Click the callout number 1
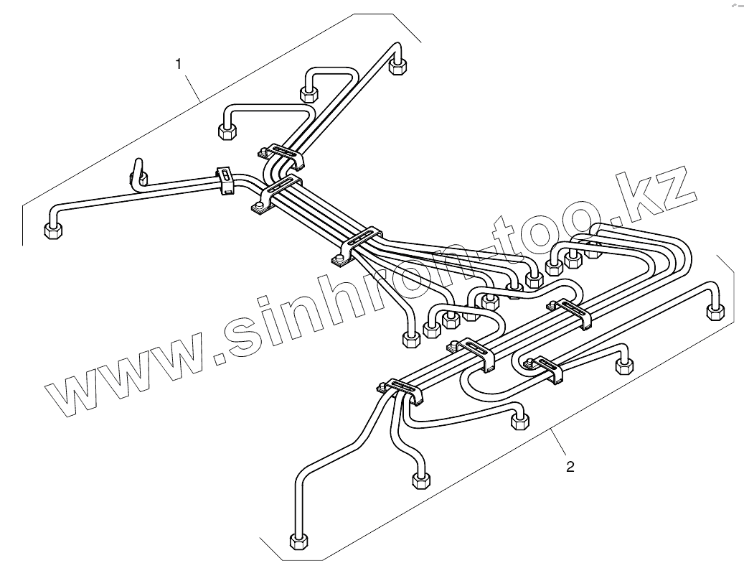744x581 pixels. click(179, 63)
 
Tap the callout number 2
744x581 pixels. click(570, 467)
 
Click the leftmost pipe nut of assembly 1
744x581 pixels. click(52, 230)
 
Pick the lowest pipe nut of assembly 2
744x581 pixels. click(298, 541)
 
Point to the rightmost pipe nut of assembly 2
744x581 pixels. click(715, 311)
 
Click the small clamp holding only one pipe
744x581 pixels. click(225, 180)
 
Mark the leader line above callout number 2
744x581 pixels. click(560, 445)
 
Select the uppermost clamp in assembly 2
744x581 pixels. click(571, 312)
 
